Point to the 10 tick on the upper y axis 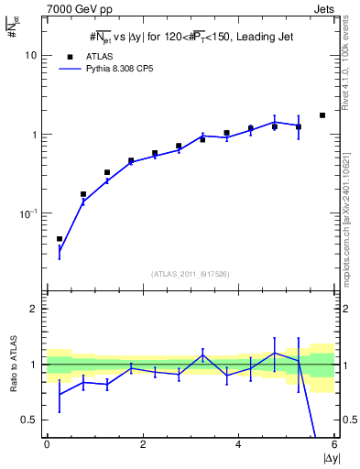33,55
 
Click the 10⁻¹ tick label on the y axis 30,213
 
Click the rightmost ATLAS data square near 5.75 322,115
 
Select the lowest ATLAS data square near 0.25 60,239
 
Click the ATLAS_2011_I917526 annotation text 191,274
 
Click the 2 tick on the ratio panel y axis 36,309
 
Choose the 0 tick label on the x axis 47,445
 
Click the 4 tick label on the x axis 238,445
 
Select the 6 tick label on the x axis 334,445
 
